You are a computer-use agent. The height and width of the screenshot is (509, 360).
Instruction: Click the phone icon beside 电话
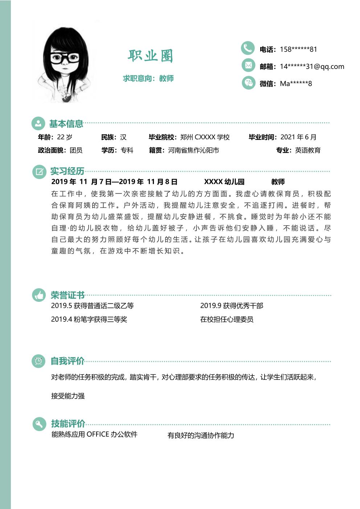pyautogui.click(x=248, y=48)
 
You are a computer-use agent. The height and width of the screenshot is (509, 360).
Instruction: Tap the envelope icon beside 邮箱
pyautogui.click(x=248, y=65)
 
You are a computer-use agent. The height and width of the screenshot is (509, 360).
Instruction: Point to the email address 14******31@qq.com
pyautogui.click(x=312, y=66)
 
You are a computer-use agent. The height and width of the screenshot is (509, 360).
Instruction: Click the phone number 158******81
pyautogui.click(x=298, y=49)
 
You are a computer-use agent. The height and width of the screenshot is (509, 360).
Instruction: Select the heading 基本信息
pyautogui.click(x=66, y=124)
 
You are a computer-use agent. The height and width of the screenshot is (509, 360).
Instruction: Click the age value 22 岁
pyautogui.click(x=65, y=137)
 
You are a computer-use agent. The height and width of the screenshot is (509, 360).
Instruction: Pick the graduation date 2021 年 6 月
pyautogui.click(x=298, y=137)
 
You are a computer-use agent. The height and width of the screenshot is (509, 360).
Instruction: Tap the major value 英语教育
pyautogui.click(x=308, y=150)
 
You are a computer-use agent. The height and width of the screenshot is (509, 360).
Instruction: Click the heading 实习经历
pyautogui.click(x=67, y=171)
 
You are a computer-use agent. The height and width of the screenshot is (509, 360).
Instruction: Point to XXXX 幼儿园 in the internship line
pyautogui.click(x=224, y=182)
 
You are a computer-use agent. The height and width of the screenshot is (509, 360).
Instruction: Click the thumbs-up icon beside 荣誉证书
pyautogui.click(x=39, y=295)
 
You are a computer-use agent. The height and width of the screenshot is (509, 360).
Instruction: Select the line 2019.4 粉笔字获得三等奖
pyautogui.click(x=89, y=319)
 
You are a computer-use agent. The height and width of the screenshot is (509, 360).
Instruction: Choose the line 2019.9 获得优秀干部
pyautogui.click(x=232, y=306)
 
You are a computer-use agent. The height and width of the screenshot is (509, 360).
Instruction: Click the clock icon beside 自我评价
pyautogui.click(x=39, y=361)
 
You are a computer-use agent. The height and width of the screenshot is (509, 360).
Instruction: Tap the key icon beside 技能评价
pyautogui.click(x=39, y=423)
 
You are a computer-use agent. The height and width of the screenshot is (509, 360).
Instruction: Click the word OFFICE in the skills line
pyautogui.click(x=98, y=434)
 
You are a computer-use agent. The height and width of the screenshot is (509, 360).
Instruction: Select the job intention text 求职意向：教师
pyautogui.click(x=148, y=78)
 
